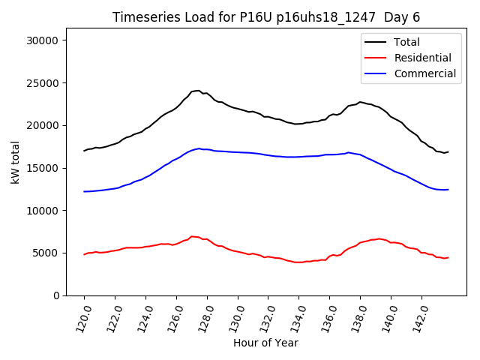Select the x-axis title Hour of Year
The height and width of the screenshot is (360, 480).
point(265,343)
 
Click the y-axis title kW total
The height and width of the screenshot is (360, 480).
point(16,166)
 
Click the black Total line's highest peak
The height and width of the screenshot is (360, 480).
point(198,91)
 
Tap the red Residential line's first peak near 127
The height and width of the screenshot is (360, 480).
point(192,236)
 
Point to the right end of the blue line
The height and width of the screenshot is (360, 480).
point(448,190)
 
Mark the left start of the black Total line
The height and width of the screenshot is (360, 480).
point(84,151)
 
